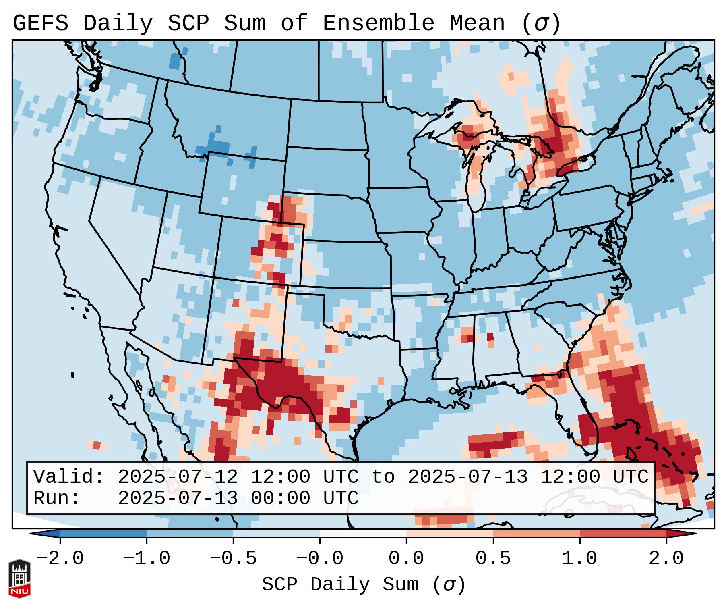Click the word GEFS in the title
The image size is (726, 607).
pyautogui.click(x=40, y=23)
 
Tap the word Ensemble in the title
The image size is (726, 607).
pyautogui.click(x=378, y=23)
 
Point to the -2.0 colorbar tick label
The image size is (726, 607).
pyautogui.click(x=60, y=558)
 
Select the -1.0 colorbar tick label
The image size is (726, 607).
pyautogui.click(x=147, y=558)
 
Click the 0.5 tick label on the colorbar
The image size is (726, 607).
pyautogui.click(x=493, y=558)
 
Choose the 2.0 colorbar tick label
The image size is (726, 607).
pyautogui.click(x=666, y=558)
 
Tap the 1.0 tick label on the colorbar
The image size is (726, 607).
pyautogui.click(x=579, y=558)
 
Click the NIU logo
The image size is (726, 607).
pyautogui.click(x=19, y=578)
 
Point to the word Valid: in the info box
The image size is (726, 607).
pyautogui.click(x=69, y=477)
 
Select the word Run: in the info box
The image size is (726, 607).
pyautogui.click(x=56, y=498)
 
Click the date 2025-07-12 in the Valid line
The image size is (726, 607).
pyautogui.click(x=178, y=477)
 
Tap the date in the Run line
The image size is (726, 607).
pyautogui.click(x=178, y=498)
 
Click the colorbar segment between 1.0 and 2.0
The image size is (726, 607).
pyautogui.click(x=623, y=534)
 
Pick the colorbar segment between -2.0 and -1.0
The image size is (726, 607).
pyautogui.click(x=103, y=534)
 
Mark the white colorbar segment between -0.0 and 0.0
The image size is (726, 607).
pyautogui.click(x=363, y=534)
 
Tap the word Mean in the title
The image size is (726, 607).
pyautogui.click(x=477, y=23)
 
